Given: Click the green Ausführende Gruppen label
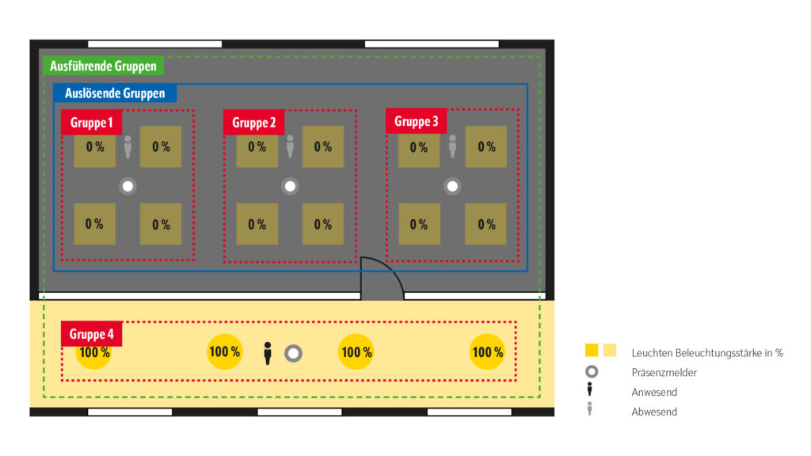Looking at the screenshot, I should click(103, 66).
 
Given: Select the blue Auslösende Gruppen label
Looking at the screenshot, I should click(115, 93).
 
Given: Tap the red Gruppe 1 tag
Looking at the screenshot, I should click(91, 123).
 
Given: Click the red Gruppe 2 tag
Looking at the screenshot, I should click(253, 123).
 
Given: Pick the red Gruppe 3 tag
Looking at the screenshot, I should click(416, 122).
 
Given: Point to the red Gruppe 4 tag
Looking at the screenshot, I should click(91, 334).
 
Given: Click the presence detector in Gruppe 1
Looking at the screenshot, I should click(128, 186).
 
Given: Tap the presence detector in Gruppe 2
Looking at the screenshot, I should click(290, 186).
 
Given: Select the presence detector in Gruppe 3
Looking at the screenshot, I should click(452, 186).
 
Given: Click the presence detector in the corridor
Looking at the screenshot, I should click(293, 353).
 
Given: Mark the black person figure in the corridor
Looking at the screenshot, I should click(268, 353).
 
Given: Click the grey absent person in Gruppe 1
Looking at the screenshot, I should click(128, 146).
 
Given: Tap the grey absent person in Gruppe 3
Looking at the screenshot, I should click(452, 146).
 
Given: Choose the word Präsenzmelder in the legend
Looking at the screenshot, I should click(664, 372).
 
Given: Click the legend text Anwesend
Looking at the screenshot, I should click(654, 392).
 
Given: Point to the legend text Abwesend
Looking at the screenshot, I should click(654, 412).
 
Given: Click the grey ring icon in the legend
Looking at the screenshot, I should click(591, 371).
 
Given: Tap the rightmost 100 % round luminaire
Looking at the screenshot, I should click(487, 352).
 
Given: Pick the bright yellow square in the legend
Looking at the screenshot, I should click(592, 351).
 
